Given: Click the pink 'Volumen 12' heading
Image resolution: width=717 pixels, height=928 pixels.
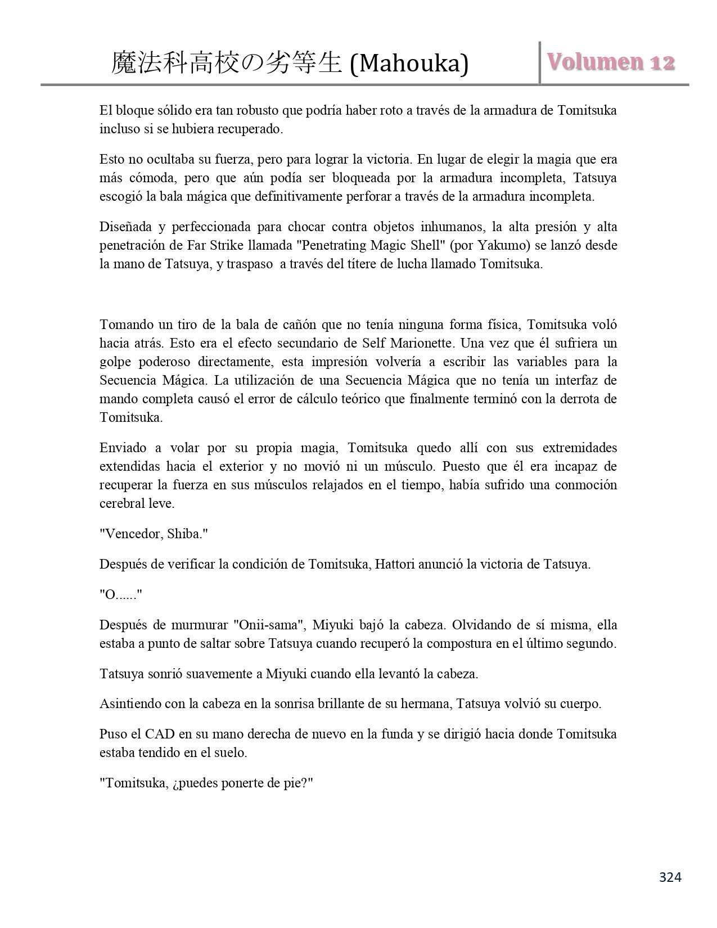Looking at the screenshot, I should (x=611, y=62).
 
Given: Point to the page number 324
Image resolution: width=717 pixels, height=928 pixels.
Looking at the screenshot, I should (x=670, y=877).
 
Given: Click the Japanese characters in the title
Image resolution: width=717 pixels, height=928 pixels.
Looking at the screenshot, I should (x=227, y=64).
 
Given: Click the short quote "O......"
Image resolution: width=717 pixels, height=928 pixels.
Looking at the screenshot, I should (x=120, y=594).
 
